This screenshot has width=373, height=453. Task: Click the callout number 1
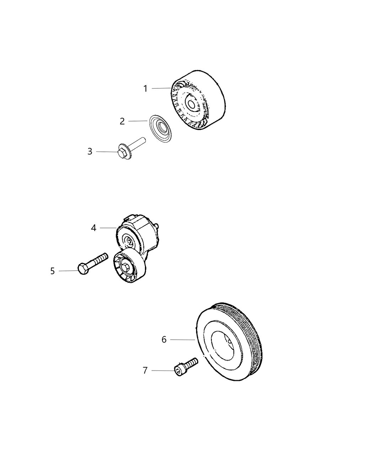(145, 88)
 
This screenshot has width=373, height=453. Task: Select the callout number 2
(122, 122)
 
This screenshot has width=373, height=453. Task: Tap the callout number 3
(90, 152)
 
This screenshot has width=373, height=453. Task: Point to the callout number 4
(93, 228)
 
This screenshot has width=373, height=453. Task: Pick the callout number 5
(53, 271)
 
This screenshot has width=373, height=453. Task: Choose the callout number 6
(164, 340)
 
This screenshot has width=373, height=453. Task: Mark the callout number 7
(145, 371)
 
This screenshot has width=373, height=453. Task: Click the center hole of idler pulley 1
(191, 104)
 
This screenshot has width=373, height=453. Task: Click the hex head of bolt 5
(82, 269)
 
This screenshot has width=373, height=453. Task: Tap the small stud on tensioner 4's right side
(157, 226)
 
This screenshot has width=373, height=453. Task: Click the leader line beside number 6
(182, 340)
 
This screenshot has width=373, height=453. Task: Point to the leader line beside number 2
(138, 121)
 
